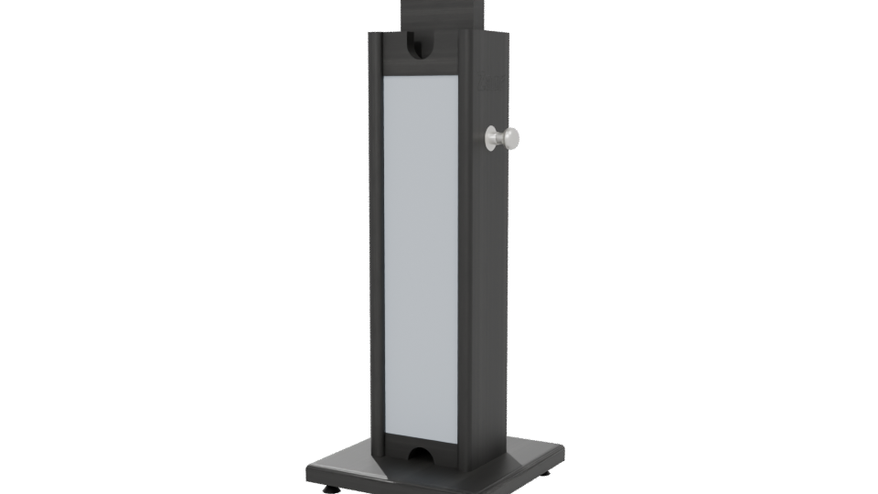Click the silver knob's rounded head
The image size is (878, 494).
[512, 138]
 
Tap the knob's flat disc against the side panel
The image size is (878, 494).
[490, 138]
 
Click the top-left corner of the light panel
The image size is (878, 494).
[384, 77]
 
